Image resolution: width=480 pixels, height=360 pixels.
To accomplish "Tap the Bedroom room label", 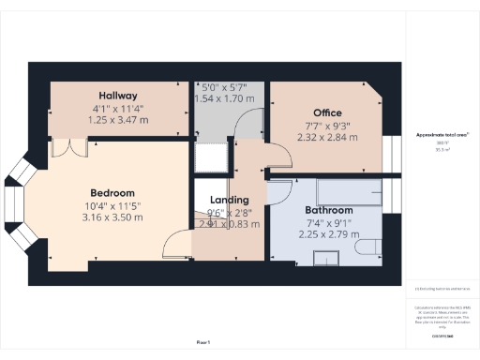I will (x=112, y=193).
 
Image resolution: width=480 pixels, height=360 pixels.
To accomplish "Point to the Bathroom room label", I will (x=328, y=210).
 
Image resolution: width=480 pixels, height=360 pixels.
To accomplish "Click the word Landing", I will (x=230, y=200).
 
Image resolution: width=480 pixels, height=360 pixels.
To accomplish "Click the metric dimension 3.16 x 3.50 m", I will (x=113, y=217).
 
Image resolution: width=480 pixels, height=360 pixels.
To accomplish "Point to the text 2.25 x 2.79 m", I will (x=329, y=234).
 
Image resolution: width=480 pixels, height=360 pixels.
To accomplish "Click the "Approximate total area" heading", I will (x=442, y=135).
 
